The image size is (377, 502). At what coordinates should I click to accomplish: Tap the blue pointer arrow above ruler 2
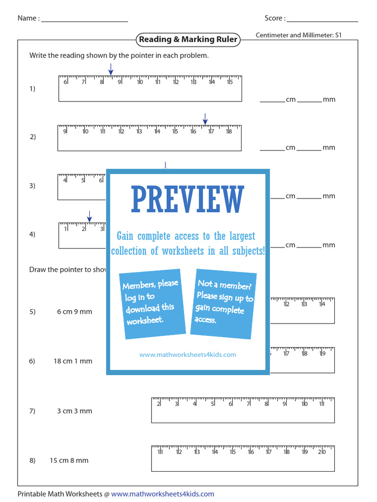pos(205,119)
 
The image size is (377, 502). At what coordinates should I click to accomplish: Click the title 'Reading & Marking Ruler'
pos(188,40)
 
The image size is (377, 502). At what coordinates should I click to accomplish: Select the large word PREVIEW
pos(188,200)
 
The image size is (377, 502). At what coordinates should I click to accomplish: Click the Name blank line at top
pos(84,21)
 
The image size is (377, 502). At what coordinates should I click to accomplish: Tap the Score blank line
pos(323,21)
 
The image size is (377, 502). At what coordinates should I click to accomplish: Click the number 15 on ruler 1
pos(229,82)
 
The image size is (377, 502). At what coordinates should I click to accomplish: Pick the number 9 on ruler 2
pos(65,131)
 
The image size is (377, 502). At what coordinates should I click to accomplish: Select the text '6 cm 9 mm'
pos(75,312)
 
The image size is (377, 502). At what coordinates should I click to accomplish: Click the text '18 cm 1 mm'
pos(73,361)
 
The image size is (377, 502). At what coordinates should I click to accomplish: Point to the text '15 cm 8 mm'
pos(69,461)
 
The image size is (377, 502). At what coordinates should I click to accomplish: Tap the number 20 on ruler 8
pos(322,452)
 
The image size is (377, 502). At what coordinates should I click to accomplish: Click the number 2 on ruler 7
pos(159,404)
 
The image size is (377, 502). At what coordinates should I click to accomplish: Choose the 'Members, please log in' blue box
pos(152,304)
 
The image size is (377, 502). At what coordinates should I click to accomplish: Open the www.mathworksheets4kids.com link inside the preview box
pos(188,354)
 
